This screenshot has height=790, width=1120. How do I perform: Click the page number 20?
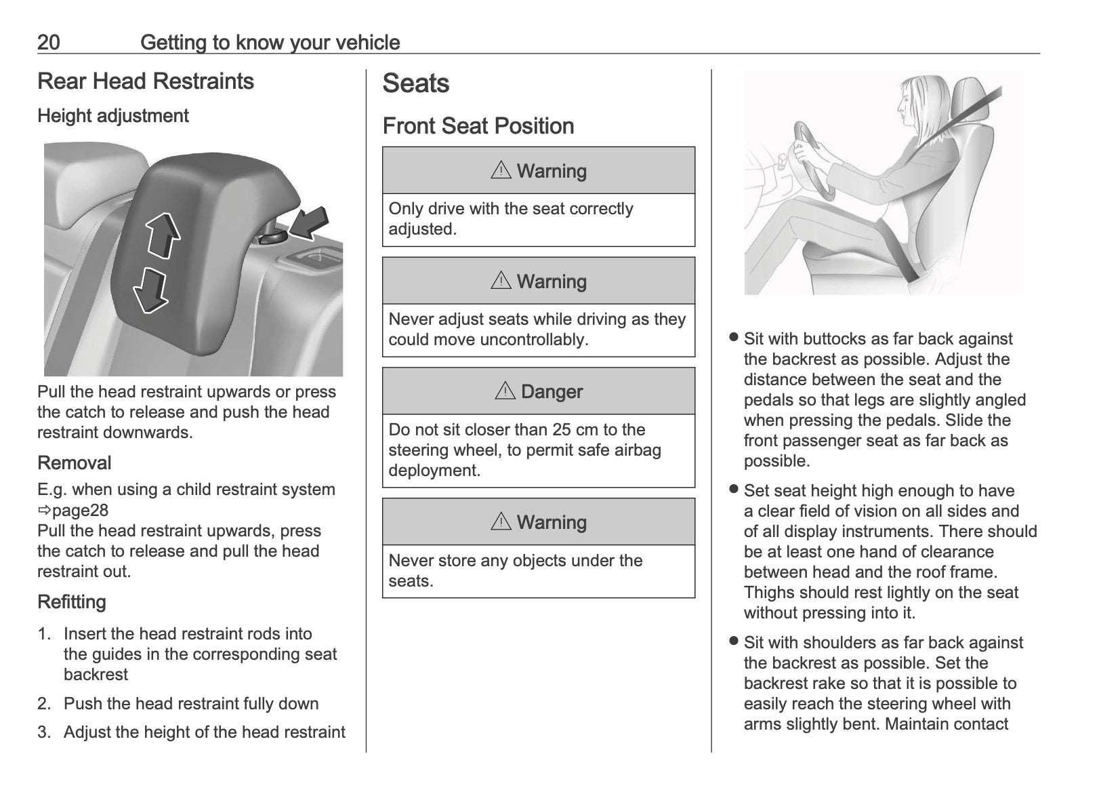pos(49,43)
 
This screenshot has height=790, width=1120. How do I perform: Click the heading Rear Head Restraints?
pos(146,81)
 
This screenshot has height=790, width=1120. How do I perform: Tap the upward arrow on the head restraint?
pos(164,235)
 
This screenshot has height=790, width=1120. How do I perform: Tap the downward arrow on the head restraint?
pos(150,289)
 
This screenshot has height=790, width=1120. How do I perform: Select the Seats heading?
pos(415,83)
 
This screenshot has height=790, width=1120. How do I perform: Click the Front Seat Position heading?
pos(478,126)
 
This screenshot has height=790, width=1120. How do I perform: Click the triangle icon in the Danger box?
pos(505,391)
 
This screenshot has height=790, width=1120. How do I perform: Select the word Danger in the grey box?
pos(552,392)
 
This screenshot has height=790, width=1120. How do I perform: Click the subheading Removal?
pos(75,463)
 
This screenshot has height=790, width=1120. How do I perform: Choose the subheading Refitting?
pos(72,602)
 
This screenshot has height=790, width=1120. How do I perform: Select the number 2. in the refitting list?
pos(44,704)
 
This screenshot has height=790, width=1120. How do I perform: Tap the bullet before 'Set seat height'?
pos(733,489)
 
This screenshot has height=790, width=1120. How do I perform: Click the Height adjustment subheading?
pos(113,116)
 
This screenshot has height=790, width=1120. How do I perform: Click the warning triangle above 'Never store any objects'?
pos(501,521)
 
